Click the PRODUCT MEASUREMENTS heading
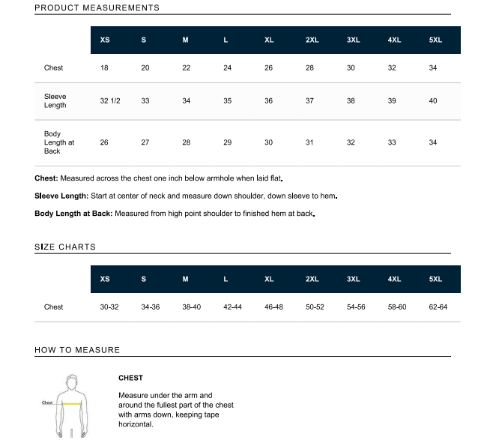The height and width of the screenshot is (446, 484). [x=97, y=8]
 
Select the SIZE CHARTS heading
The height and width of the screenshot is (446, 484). [x=65, y=247]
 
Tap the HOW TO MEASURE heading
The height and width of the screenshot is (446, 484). [x=77, y=350]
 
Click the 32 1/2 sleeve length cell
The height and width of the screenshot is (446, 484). [x=110, y=100]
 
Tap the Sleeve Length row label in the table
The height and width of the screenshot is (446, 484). [x=55, y=100]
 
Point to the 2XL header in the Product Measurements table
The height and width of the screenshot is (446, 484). [x=312, y=40]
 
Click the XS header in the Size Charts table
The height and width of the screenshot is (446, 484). [x=105, y=279]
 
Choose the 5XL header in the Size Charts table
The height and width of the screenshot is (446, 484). [x=435, y=279]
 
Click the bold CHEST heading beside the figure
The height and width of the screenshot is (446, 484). [x=130, y=378]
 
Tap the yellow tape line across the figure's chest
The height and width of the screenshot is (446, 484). [x=72, y=403]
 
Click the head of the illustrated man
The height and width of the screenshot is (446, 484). [x=72, y=379]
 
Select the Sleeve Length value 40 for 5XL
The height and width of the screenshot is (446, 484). [x=433, y=100]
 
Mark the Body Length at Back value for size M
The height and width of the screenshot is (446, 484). [x=187, y=142]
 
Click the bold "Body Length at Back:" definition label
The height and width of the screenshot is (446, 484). [x=73, y=214]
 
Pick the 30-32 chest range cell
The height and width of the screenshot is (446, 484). [x=109, y=307]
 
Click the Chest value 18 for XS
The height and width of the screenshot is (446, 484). [x=104, y=68]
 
